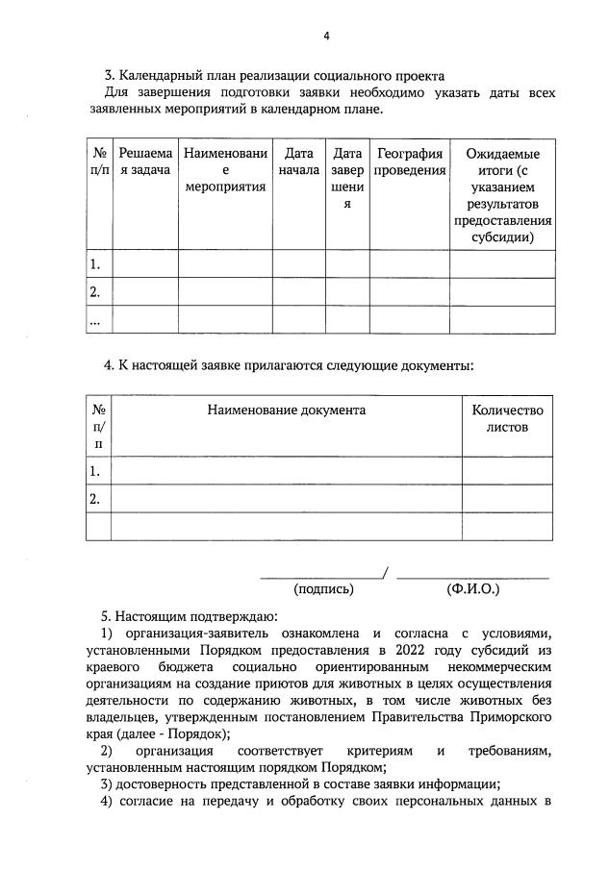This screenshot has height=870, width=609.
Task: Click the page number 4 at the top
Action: tap(326, 37)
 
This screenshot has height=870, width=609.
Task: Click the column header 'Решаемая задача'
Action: tap(146, 162)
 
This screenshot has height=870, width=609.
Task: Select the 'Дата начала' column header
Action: tap(299, 162)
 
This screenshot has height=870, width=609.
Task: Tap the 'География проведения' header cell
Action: tap(409, 162)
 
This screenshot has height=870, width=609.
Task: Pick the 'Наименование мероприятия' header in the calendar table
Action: tap(224, 170)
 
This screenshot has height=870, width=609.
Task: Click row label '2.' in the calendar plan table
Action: tap(95, 291)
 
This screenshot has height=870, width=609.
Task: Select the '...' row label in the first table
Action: tap(95, 320)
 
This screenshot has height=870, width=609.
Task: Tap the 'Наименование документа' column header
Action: tap(286, 410)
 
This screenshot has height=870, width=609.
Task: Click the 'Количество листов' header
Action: tap(507, 418)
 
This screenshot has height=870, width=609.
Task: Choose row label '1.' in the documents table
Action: tap(95, 471)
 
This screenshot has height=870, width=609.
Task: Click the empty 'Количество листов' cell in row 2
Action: tap(507, 499)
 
